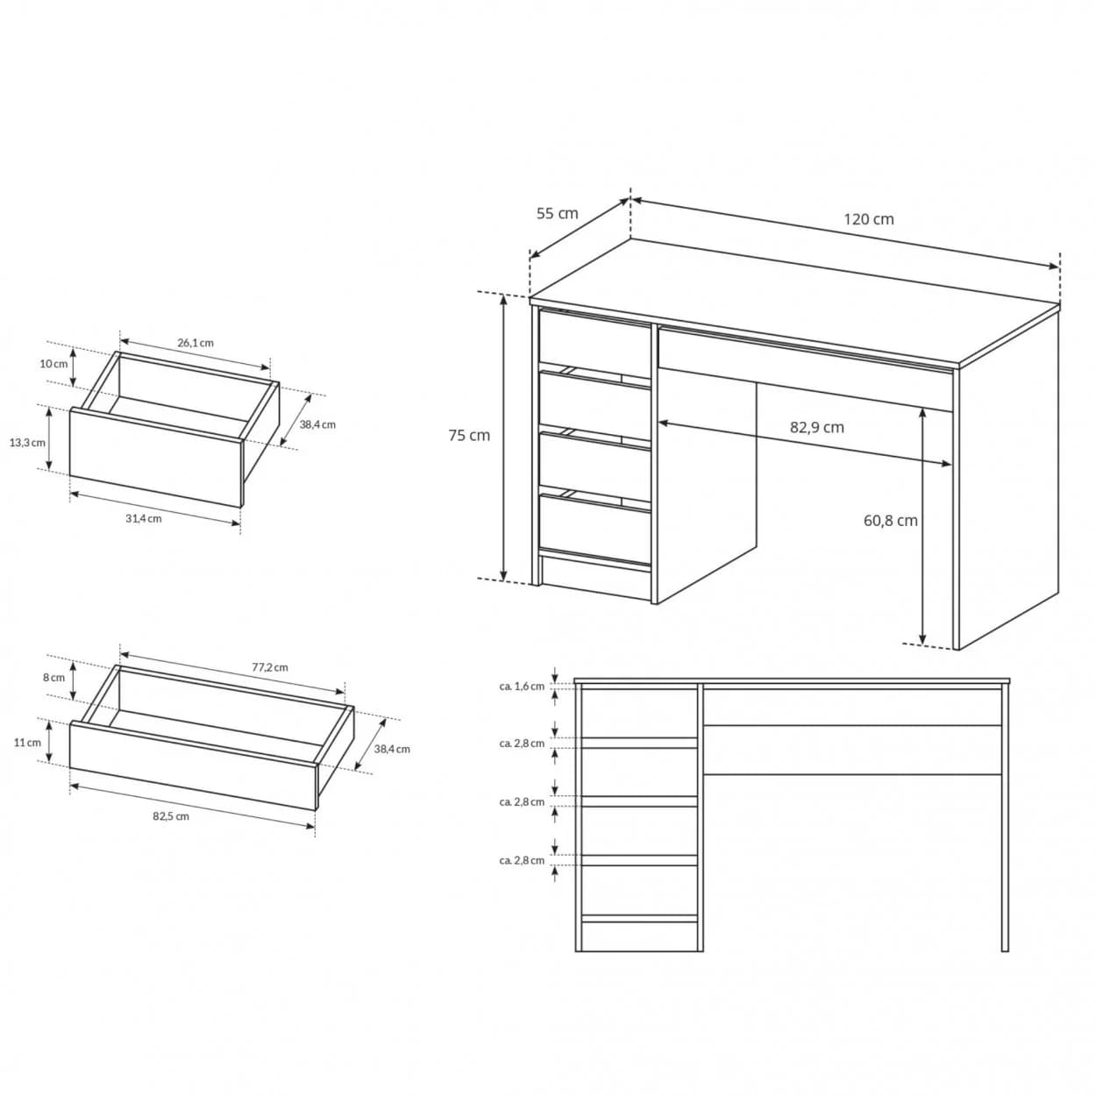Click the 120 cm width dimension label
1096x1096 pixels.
pos(869,219)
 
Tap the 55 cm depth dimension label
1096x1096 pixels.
pos(558,213)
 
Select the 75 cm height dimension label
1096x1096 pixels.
pos(469,435)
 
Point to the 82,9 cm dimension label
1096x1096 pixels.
pos(816,427)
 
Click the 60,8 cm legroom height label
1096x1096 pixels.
pos(891,521)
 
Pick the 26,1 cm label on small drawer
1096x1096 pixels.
pos(196,343)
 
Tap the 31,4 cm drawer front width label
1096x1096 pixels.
pos(144,518)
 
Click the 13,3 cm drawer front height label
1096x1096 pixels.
pos(27,443)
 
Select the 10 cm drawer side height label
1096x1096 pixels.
pos(53,364)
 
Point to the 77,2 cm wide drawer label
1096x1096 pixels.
pos(270,667)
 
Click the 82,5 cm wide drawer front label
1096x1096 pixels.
pos(171,816)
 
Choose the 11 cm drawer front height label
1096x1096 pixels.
pos(27,743)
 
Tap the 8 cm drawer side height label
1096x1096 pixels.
pos(53,678)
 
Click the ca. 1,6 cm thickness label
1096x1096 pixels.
pos(522,686)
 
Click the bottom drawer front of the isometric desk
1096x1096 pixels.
pos(594,529)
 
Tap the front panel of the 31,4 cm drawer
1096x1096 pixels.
pos(155,458)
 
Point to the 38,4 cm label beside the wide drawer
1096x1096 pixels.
pos(392,749)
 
